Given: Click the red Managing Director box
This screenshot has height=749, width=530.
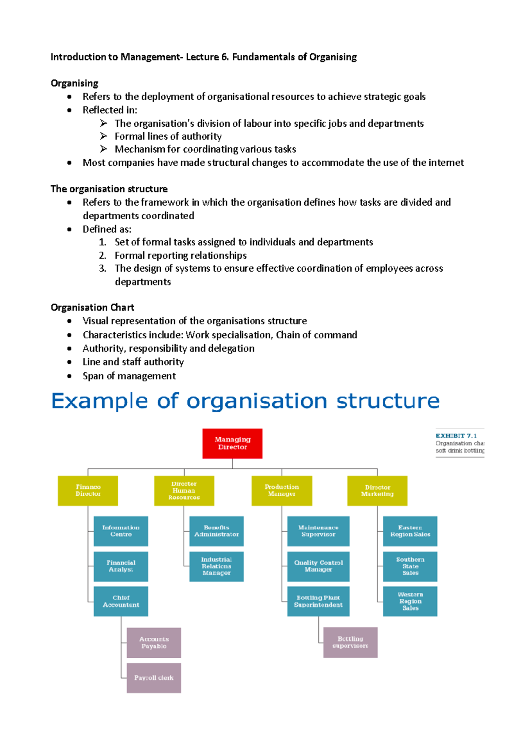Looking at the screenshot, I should [232, 443].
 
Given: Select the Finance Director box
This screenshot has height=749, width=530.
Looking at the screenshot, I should [88, 491].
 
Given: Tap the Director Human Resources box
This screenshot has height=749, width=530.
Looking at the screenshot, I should [184, 491].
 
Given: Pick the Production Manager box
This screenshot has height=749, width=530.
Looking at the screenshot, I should [282, 491].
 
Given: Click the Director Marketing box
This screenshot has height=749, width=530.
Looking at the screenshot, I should [377, 491].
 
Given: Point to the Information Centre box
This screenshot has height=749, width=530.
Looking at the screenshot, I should [121, 531].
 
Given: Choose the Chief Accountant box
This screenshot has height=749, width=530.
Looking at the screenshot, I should [121, 601].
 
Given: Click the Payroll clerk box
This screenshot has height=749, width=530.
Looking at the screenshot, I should [154, 678].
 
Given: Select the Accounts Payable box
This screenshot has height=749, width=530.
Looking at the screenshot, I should [154, 643].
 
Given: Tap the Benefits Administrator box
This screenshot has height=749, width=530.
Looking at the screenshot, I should [216, 531].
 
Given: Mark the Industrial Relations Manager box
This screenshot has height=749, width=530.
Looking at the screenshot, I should [216, 566].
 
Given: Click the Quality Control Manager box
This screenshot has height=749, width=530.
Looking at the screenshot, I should [318, 566].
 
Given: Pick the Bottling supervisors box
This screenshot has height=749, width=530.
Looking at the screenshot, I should [350, 642].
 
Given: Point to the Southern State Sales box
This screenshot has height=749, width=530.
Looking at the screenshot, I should [410, 566].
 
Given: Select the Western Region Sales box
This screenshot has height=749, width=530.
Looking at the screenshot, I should [410, 601].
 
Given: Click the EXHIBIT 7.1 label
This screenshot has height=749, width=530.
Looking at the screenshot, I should [456, 436].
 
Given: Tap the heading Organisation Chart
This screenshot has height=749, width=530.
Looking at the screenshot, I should [92, 307].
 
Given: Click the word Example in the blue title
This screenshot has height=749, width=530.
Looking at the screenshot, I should [99, 401].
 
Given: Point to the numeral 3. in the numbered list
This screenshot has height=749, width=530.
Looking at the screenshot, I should [102, 269].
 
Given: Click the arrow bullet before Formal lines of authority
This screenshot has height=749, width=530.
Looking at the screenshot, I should [103, 136].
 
